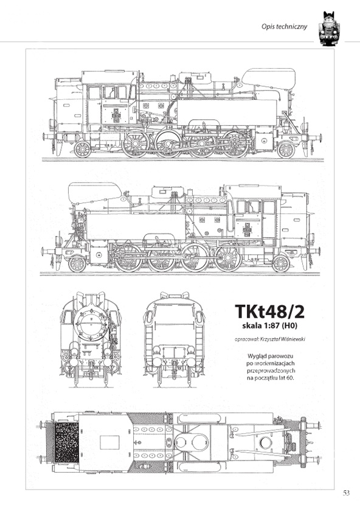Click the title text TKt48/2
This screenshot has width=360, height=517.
[270, 311]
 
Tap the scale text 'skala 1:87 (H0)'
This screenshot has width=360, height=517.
[270, 327]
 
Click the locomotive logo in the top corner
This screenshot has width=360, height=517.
[328, 29]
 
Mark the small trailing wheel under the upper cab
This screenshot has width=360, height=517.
[82, 149]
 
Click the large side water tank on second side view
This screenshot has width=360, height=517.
[137, 226]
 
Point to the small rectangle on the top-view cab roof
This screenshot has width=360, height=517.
[109, 442]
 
